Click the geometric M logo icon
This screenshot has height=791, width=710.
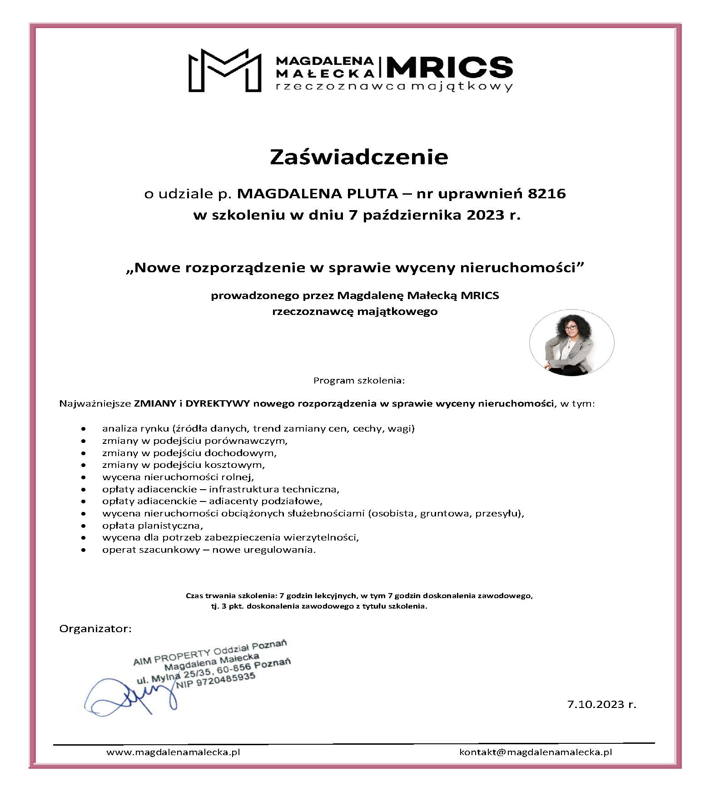click(x=225, y=70)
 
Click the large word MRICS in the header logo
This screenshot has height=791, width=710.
click(x=449, y=67)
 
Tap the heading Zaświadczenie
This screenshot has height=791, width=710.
click(x=359, y=157)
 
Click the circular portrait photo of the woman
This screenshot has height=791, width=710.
click(x=571, y=343)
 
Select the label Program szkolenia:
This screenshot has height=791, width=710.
click(x=358, y=380)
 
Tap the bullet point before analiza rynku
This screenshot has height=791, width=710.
click(x=83, y=428)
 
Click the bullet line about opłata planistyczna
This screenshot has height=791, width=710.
click(x=153, y=526)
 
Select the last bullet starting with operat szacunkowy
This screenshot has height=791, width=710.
click(x=209, y=550)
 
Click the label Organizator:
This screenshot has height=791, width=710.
click(x=95, y=629)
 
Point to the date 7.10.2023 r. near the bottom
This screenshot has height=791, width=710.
click(x=601, y=704)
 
